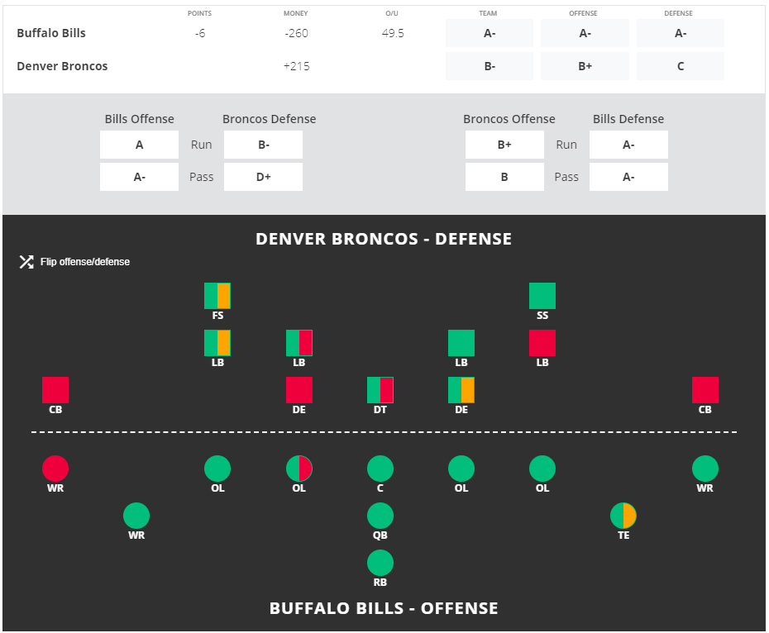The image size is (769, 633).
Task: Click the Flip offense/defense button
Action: click(x=75, y=262)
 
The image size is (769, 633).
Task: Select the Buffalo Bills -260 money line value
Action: click(x=296, y=34)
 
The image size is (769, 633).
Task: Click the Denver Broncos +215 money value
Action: click(x=296, y=66)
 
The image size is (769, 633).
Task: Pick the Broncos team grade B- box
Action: click(x=490, y=66)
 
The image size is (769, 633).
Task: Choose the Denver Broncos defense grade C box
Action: click(x=681, y=66)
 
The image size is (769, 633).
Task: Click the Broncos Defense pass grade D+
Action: click(x=263, y=177)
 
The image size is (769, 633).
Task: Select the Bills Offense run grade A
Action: click(x=139, y=145)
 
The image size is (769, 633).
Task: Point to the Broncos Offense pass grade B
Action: click(x=504, y=177)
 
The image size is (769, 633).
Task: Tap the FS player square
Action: click(x=217, y=296)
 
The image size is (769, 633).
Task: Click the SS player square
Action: click(x=542, y=296)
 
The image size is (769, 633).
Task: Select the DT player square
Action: click(x=380, y=390)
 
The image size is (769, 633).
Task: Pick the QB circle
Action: click(x=380, y=516)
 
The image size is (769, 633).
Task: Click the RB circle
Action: click(x=380, y=564)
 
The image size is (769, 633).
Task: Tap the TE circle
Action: click(x=623, y=516)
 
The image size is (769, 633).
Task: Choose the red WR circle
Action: click(x=55, y=469)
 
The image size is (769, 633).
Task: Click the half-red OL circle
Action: click(x=299, y=469)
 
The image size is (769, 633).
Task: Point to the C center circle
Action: click(x=380, y=469)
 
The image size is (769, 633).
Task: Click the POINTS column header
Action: click(x=199, y=14)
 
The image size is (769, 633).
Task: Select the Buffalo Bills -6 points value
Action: click(x=199, y=34)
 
